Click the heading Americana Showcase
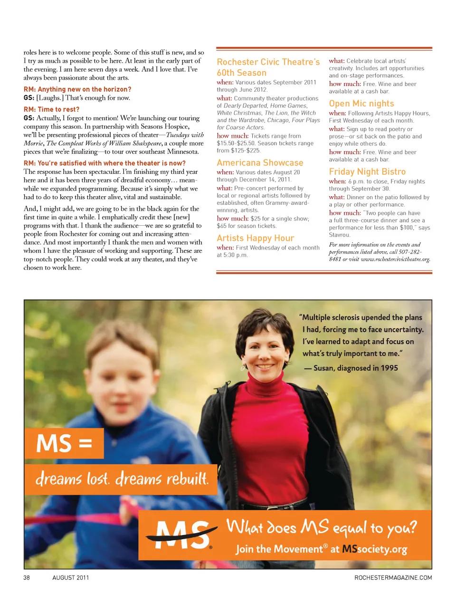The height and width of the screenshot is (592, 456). (x=260, y=162)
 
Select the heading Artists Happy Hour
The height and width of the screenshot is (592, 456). (x=255, y=238)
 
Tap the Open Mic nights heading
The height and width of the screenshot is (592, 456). (x=361, y=104)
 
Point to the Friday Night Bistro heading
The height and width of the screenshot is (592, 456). (x=367, y=172)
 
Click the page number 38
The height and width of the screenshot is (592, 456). (x=27, y=578)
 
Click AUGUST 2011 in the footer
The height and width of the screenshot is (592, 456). (x=71, y=578)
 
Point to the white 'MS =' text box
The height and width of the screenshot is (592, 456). (x=64, y=444)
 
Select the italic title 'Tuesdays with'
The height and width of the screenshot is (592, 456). (x=185, y=135)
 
